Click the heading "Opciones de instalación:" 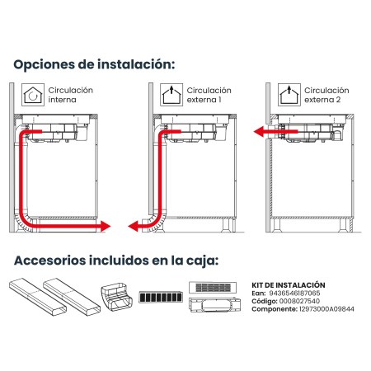94,65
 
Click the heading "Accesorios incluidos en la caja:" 116,261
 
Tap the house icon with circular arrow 33,95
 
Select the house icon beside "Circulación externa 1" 171,95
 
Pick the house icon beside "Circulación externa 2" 289,95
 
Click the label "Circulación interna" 71,95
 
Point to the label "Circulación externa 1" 209,95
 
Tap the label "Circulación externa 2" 326,95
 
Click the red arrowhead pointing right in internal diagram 106,227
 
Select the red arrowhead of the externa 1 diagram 133,227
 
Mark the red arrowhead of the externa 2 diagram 259,132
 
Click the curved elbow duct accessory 117,298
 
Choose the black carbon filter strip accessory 161,297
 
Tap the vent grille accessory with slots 213,288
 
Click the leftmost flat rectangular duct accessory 38,297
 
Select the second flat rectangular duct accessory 72,297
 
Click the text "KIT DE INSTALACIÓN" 289,285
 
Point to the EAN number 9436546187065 294,294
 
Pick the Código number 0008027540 299,301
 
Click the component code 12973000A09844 326,309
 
